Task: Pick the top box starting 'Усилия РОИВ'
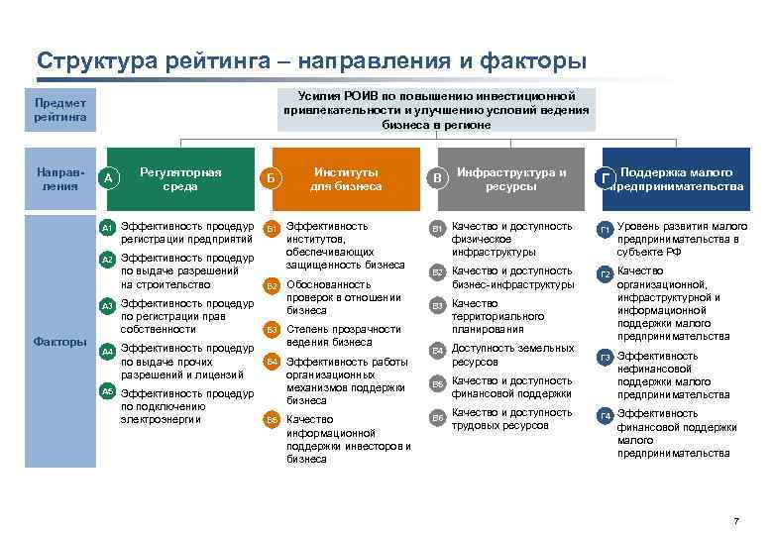point(437,110)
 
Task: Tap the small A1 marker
point(108,228)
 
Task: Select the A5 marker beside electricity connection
point(108,391)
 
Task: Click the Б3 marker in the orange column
point(272,330)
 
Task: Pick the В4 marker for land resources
point(437,351)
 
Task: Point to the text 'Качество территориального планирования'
point(501,316)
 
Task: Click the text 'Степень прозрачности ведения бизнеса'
point(343,336)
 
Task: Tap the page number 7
point(735,521)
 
